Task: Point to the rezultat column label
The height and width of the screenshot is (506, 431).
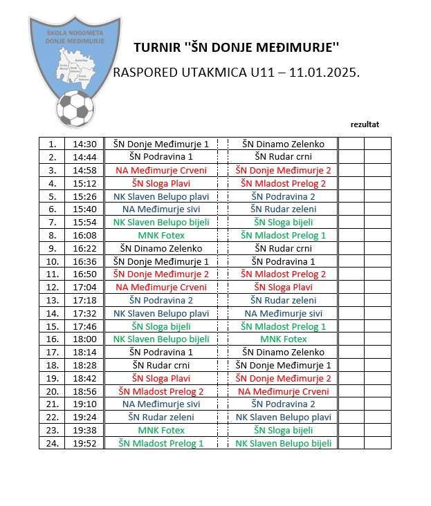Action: (365, 124)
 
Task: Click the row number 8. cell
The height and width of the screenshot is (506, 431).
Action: (52, 235)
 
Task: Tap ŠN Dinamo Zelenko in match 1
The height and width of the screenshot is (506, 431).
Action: (283, 144)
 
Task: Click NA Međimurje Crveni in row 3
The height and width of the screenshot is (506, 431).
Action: (161, 170)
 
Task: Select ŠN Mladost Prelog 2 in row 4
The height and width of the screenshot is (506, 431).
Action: (283, 183)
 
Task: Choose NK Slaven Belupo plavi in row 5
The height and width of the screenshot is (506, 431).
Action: (161, 196)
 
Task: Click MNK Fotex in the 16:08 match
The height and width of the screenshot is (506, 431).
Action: (161, 235)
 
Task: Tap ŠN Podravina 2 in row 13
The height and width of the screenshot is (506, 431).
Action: (161, 300)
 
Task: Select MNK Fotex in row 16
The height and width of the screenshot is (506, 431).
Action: (283, 339)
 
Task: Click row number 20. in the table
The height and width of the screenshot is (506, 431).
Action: (52, 391)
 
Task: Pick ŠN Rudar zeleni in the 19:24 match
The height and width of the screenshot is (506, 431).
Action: (161, 417)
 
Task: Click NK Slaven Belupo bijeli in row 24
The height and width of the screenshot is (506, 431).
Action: (283, 443)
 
